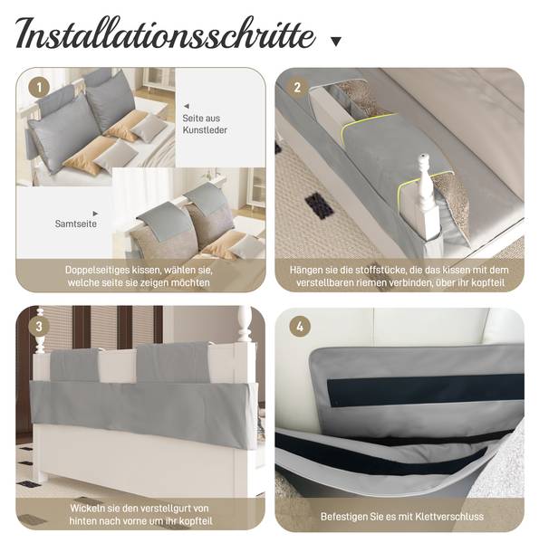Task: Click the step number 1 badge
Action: [x=39, y=87]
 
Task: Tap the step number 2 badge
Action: [x=297, y=87]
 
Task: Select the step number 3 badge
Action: [x=39, y=326]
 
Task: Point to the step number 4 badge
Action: [x=300, y=326]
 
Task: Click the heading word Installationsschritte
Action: [x=166, y=34]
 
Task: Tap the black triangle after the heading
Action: [x=335, y=42]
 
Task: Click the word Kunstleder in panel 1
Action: [x=205, y=130]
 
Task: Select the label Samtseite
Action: [x=76, y=224]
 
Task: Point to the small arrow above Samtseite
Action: [x=95, y=214]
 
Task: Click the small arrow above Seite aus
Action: [x=187, y=106]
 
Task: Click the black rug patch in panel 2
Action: [x=319, y=205]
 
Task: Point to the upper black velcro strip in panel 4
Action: [x=425, y=389]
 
